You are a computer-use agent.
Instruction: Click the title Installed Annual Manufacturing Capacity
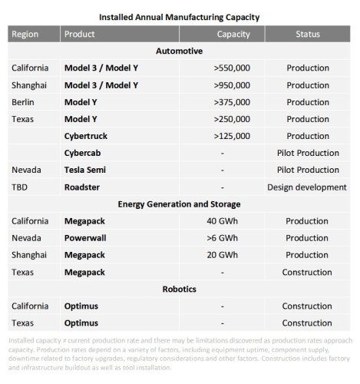pyautogui.click(x=179, y=15)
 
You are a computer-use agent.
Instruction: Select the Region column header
pyautogui.click(x=25, y=35)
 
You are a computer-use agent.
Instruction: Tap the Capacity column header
pyautogui.click(x=233, y=35)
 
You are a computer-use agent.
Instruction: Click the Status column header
pyautogui.click(x=308, y=35)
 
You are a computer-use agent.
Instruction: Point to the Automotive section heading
pyautogui.click(x=179, y=51)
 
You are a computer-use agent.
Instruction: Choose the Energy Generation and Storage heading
pyautogui.click(x=179, y=204)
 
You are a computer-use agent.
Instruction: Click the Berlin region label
pyautogui.click(x=23, y=102)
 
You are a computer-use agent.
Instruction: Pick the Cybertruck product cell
pyautogui.click(x=87, y=136)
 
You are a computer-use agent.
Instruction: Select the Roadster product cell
pyautogui.click(x=83, y=187)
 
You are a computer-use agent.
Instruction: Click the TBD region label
pyautogui.click(x=20, y=187)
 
